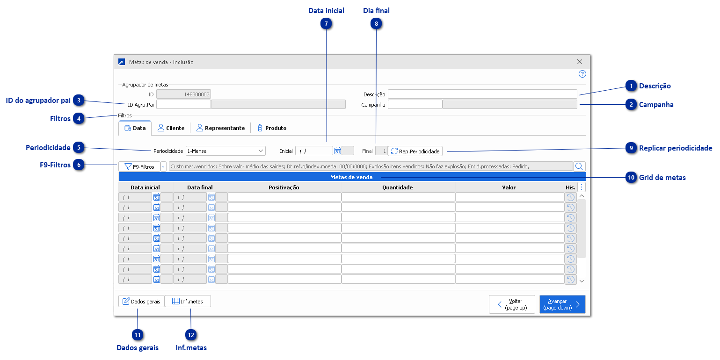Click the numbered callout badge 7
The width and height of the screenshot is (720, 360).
click(326, 24)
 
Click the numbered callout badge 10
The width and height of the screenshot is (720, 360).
click(631, 178)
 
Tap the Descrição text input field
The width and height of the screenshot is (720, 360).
click(482, 94)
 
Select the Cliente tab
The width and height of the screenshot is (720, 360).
click(171, 128)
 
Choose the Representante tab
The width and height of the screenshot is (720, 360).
click(220, 128)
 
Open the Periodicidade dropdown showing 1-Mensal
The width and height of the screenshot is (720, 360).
click(225, 151)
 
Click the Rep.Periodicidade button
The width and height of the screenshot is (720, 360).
click(415, 151)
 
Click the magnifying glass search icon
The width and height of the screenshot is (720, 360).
click(579, 166)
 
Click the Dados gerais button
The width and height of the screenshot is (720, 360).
click(141, 302)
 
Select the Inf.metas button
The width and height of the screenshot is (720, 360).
click(188, 302)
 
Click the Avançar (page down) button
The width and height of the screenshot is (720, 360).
click(562, 304)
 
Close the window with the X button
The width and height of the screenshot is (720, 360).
click(580, 62)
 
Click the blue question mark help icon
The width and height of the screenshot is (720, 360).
click(582, 74)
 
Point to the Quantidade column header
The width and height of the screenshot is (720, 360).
click(398, 187)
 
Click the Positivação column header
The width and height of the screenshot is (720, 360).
click(284, 187)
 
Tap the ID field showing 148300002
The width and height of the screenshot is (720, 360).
click(183, 94)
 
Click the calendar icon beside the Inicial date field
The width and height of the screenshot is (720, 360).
click(338, 151)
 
